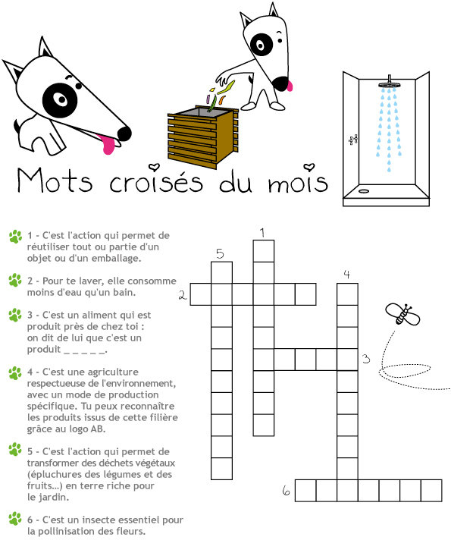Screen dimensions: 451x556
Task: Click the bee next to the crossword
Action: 402,314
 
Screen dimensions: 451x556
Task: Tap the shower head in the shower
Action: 389,84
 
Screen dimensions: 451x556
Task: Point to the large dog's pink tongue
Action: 107,144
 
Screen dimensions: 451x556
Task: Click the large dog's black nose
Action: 124,134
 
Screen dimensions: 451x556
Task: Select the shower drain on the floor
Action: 364,191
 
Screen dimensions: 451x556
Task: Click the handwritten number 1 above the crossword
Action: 262,233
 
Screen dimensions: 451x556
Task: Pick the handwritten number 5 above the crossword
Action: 220,253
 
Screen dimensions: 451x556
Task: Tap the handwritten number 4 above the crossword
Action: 346,274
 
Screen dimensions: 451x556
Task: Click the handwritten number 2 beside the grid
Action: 183,294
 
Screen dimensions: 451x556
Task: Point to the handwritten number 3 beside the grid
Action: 366,359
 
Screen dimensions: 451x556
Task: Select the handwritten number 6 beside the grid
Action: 287,491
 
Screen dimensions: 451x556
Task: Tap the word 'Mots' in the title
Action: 55,180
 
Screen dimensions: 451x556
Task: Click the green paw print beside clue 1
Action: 15,237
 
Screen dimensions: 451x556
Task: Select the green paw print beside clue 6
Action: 15,519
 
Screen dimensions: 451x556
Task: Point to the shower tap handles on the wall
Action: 353,140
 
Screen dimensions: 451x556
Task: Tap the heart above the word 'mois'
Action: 309,167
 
